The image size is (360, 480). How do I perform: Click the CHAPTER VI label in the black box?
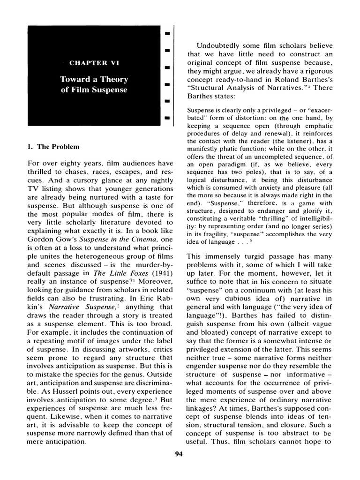94,62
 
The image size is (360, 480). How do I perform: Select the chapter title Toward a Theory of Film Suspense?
94,84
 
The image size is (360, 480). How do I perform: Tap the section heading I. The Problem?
53,147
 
